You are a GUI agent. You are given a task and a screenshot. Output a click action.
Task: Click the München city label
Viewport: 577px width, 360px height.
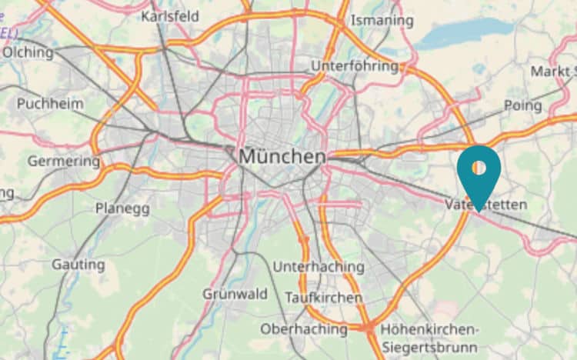[x=282, y=157]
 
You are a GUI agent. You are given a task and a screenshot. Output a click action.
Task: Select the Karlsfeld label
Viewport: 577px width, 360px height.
[x=170, y=16]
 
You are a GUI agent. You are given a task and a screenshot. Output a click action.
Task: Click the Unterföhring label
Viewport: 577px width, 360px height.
[x=355, y=66]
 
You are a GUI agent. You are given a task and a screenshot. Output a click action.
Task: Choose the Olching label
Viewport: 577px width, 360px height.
[x=28, y=53]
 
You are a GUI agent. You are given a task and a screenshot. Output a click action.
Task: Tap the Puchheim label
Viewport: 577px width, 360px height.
[x=50, y=103]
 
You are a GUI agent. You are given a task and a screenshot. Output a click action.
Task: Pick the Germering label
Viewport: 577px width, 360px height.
[x=64, y=162]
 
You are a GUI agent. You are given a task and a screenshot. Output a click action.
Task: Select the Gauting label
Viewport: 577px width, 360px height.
[x=78, y=265]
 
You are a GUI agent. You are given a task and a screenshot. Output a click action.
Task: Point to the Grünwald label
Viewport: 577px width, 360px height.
[x=235, y=294]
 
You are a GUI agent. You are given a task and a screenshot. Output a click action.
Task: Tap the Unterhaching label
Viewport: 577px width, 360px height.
[x=319, y=267]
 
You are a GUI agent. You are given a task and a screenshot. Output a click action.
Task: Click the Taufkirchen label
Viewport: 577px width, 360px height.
[x=323, y=297]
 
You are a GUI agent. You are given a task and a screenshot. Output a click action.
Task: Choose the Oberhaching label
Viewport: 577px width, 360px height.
[x=303, y=328]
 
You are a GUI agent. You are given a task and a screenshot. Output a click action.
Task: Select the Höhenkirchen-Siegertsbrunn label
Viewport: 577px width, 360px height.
[x=429, y=335]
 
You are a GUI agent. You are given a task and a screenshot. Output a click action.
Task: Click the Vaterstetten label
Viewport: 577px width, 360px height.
[x=486, y=205]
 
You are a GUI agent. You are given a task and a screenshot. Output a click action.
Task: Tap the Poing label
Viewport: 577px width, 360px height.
[x=522, y=105]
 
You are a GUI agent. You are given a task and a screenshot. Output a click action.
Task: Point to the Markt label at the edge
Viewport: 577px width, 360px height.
[x=552, y=72]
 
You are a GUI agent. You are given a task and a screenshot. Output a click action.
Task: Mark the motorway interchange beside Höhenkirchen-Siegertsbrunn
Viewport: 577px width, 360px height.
[x=370, y=328]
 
